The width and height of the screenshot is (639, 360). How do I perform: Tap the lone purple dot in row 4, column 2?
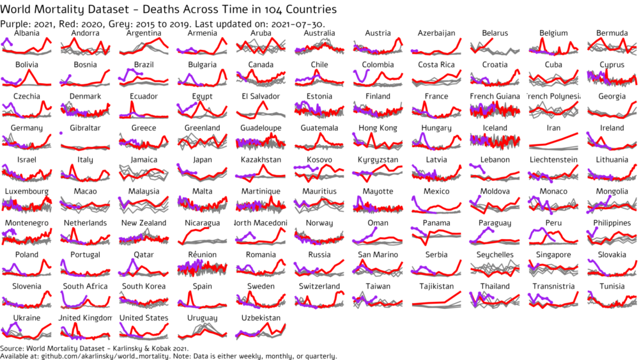pos(61,133)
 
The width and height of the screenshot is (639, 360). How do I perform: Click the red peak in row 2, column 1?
pos(29,70)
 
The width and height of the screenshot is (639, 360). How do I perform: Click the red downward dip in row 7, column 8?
pos(426,244)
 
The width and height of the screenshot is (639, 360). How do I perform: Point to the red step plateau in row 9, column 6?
pos(339,293)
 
